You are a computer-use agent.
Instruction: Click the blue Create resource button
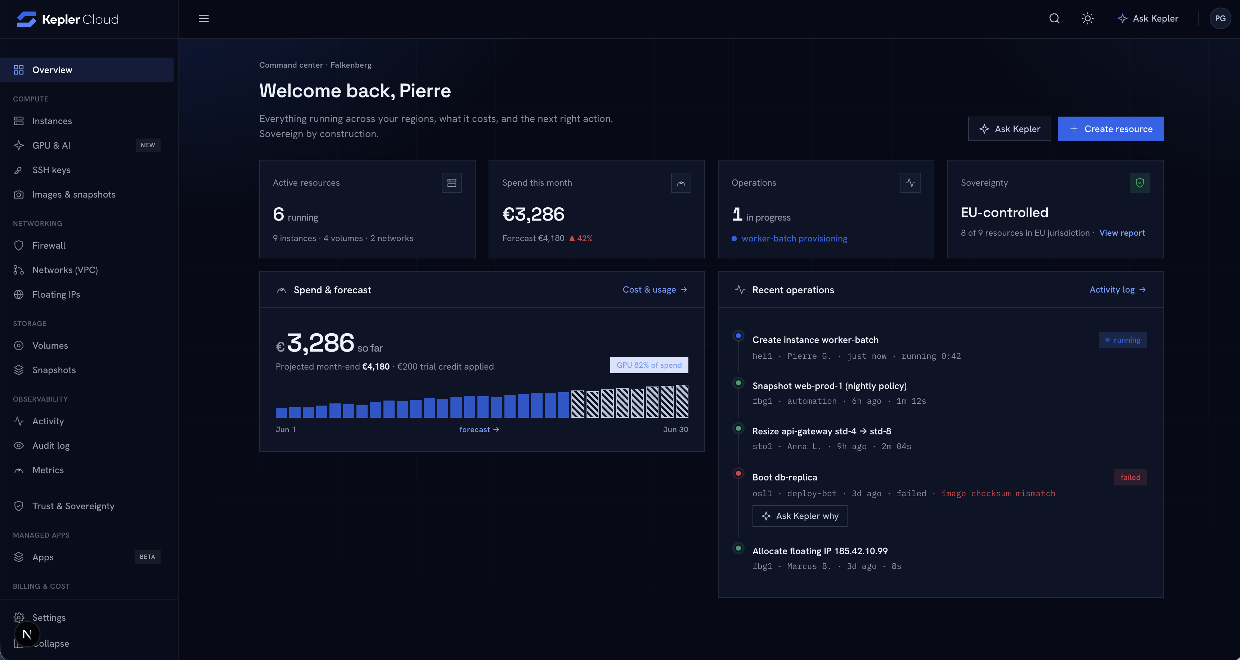coord(1110,129)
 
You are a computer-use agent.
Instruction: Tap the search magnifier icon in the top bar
coord(1054,18)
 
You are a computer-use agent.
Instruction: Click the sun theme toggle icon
coord(1087,18)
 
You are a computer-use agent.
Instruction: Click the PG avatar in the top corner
coord(1220,18)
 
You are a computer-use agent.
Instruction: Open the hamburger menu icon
coord(204,18)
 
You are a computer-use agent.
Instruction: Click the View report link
coord(1122,233)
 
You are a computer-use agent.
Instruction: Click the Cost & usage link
coord(655,290)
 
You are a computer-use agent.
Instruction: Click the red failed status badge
coord(1130,477)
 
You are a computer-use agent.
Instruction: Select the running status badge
coord(1123,340)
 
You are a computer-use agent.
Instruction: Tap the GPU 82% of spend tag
coord(649,365)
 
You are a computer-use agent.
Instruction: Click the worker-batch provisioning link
coord(794,239)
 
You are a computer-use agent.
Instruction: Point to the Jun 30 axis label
coord(675,430)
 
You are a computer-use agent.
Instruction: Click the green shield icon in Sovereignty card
coord(1140,183)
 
